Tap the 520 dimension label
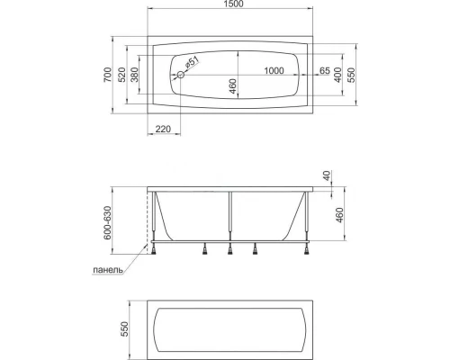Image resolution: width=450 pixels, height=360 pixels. point(123,78)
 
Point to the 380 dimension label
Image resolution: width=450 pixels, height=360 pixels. point(136,78)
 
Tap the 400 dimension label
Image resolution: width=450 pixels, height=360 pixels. point(338,78)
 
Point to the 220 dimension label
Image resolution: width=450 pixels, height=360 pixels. point(163,130)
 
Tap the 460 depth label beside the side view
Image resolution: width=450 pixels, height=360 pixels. point(338,215)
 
